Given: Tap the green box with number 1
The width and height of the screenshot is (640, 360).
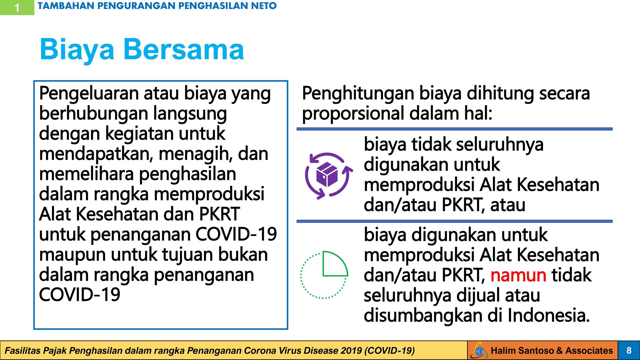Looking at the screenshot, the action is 17,7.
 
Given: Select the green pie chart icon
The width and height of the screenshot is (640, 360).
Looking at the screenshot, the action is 324,274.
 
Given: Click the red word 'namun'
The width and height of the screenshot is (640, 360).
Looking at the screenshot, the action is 518,275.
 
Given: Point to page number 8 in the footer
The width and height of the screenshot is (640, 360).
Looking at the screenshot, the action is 629,351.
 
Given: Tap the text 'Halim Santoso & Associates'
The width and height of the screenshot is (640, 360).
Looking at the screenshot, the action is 552,351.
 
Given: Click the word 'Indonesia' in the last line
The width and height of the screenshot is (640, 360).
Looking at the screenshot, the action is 549,315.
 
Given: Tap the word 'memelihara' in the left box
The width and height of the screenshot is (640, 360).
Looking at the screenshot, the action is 86,174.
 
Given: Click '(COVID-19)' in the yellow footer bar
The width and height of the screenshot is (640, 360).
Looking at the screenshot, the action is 390,351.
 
